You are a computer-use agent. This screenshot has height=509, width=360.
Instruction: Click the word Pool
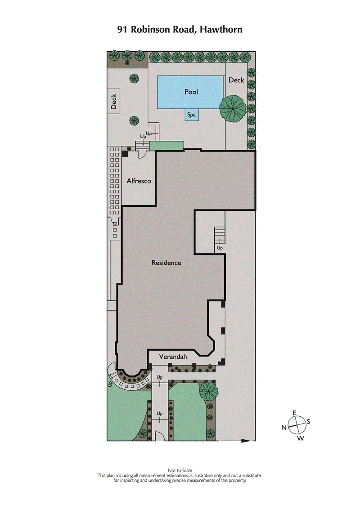[191, 92]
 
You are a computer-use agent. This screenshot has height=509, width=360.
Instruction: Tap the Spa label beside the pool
[192, 115]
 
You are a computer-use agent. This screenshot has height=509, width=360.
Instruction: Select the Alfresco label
[138, 181]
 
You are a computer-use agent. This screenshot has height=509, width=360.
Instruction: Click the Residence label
[166, 263]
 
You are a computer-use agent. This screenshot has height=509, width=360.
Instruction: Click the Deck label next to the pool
[236, 80]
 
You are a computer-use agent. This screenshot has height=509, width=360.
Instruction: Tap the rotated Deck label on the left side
[114, 101]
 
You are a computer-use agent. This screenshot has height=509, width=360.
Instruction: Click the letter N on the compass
[284, 428]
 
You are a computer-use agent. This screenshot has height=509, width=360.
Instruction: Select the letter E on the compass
[295, 413]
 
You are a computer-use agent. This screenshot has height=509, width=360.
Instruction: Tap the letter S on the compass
[309, 422]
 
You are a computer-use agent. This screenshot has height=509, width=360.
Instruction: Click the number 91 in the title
[123, 30]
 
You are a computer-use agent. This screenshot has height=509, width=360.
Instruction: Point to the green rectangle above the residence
[166, 146]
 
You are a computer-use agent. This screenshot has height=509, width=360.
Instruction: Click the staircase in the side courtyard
[220, 234]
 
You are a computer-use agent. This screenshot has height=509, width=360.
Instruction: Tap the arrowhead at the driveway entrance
[247, 441]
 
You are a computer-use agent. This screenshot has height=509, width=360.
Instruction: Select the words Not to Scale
[180, 470]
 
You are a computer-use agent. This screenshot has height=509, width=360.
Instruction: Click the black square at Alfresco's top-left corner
[125, 153]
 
